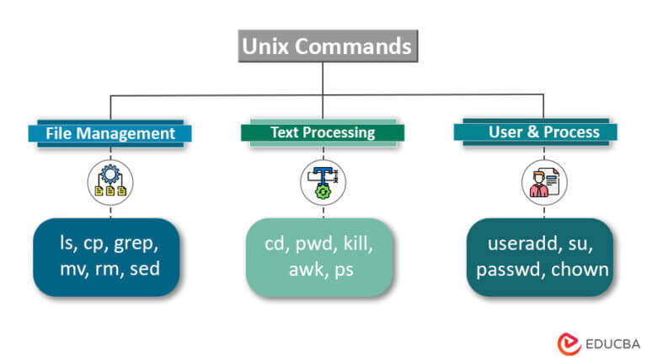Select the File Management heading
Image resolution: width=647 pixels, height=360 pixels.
pyautogui.click(x=110, y=133)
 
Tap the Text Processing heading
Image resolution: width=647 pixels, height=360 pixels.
pyautogui.click(x=323, y=132)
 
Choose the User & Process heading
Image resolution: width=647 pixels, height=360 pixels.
pyautogui.click(x=543, y=132)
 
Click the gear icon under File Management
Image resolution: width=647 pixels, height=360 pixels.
pyautogui.click(x=110, y=181)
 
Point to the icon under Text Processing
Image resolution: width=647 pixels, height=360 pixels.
pyautogui.click(x=323, y=181)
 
